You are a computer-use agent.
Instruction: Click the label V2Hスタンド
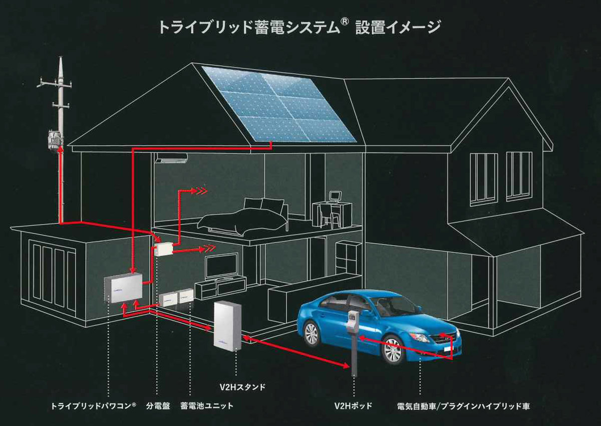point(242,387)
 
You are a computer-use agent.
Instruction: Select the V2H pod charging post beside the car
point(354,344)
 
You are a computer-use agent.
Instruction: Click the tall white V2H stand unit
point(227,326)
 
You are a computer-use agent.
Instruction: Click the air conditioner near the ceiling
point(171,158)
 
